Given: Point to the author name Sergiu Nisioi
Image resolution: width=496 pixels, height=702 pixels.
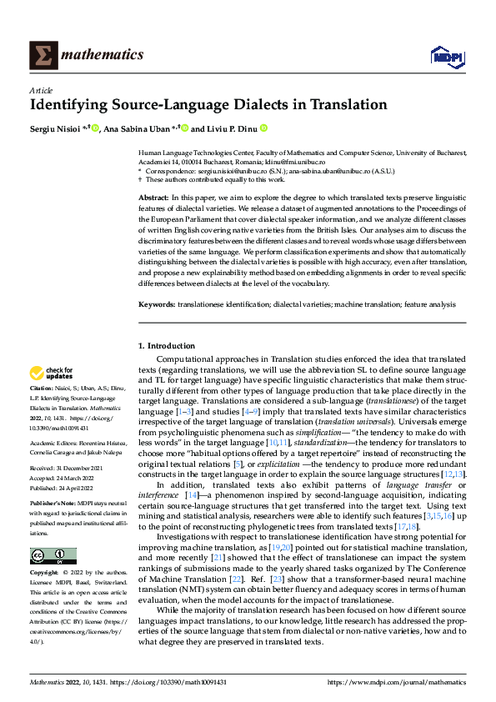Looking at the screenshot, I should point(55,128).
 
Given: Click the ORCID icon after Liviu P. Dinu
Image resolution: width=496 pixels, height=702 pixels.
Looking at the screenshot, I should point(263,128).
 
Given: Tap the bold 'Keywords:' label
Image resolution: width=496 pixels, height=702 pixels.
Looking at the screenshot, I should point(158,305).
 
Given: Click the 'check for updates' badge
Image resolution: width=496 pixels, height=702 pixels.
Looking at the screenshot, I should point(53,372).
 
